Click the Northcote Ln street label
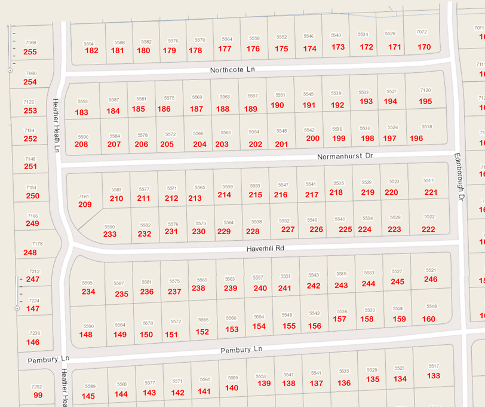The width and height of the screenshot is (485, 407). click(232, 70)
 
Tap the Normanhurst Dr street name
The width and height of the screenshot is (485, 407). click(344, 155)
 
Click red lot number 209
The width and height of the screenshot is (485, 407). click(85, 204)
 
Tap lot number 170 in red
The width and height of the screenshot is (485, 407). click(424, 47)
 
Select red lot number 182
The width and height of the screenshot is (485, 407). click(92, 50)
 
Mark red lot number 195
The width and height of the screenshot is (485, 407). click(425, 102)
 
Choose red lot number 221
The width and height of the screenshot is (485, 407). click(431, 192)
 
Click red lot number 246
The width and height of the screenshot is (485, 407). click(431, 279)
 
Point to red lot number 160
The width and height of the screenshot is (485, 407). click(429, 319)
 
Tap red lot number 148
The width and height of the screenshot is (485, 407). click(86, 334)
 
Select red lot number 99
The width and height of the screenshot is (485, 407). click(38, 395)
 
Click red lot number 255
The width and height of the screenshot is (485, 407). click(30, 52)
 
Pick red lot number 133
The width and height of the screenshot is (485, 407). click(434, 376)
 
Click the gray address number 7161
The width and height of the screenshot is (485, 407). click(84, 196)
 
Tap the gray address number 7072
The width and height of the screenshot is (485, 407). click(422, 32)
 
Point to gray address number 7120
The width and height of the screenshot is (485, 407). click(425, 90)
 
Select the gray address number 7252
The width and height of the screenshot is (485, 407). click(36, 387)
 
